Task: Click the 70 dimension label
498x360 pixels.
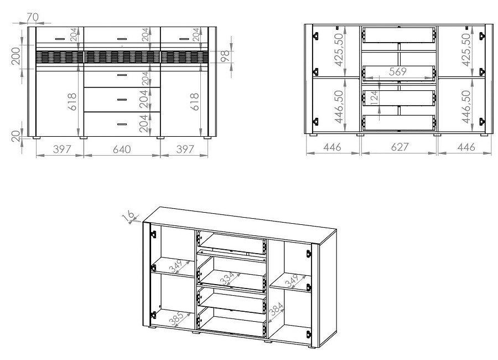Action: coord(33,17)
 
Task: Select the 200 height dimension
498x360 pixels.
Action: coord(16,55)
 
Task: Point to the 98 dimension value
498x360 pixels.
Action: coord(225,56)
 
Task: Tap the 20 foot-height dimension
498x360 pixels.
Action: coord(16,136)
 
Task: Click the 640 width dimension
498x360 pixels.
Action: coord(122,149)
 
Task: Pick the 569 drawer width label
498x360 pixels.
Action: coord(398,71)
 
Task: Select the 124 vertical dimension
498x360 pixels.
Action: coord(374,98)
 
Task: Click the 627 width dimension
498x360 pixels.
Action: coord(400,147)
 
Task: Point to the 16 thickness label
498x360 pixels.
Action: coord(128,216)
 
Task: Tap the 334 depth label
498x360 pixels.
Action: coord(227,278)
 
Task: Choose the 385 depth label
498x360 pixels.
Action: coord(177,319)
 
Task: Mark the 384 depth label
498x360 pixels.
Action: coord(276,309)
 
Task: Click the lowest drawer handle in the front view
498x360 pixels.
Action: coord(122,125)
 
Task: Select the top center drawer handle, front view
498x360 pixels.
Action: coord(122,39)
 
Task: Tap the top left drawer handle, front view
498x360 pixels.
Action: coord(60,39)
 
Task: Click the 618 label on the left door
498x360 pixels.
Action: coord(72,102)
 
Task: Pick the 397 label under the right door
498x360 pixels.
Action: coord(185,149)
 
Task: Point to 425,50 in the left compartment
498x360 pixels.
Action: coord(339,50)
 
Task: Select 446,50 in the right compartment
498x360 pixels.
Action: coord(466,106)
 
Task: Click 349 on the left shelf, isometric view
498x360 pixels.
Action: coord(176,266)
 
